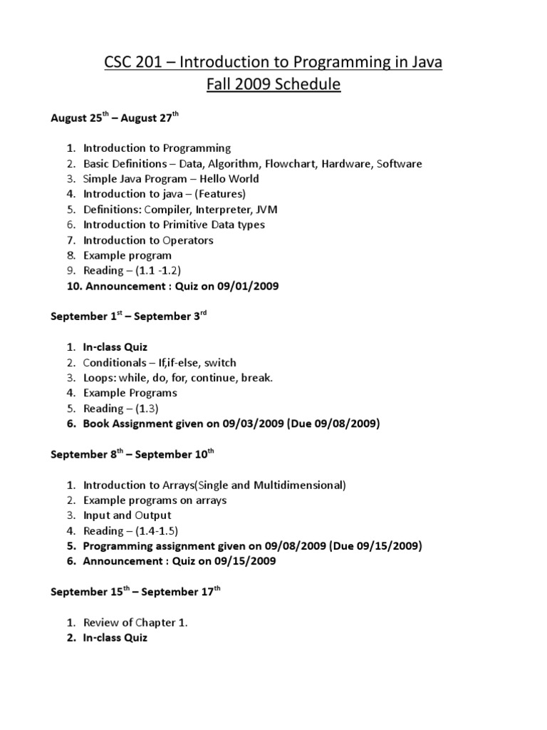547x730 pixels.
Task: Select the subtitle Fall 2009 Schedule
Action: point(273,86)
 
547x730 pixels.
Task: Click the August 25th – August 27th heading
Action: point(115,118)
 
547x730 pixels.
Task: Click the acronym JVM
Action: point(266,210)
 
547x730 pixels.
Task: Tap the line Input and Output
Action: point(127,515)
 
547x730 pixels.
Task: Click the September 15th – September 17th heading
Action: point(136,592)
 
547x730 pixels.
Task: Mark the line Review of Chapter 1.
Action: point(135,622)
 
